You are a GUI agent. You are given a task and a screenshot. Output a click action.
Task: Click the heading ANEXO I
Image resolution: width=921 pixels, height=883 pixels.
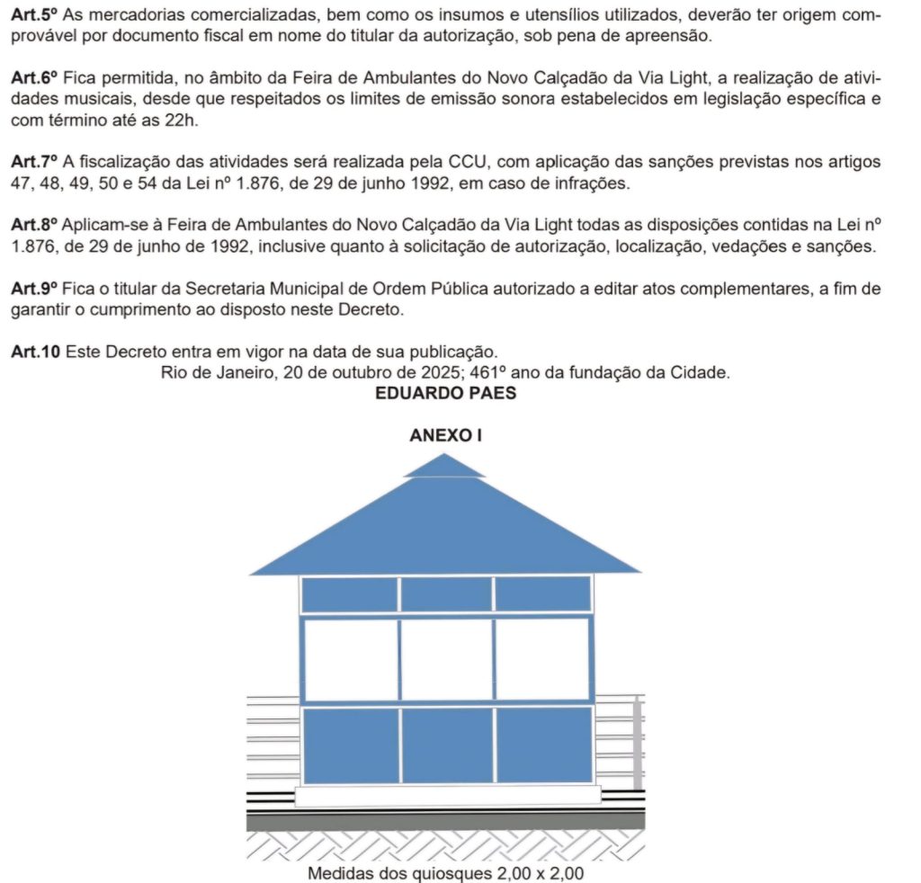point(446,436)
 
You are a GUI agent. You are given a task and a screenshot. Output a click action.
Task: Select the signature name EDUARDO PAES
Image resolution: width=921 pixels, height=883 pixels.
point(446,393)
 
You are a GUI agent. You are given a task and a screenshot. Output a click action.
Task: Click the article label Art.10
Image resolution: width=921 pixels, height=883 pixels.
point(32,352)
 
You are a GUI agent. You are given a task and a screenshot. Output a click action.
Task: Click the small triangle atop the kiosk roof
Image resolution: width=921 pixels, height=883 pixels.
point(445,466)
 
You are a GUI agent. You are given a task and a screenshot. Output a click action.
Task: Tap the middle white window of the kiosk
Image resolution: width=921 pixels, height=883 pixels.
point(446,659)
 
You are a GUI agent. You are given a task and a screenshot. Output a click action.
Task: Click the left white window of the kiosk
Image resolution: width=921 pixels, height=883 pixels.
point(351,659)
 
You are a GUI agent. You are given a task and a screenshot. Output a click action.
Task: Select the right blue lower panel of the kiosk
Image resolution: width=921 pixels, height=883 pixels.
point(543,745)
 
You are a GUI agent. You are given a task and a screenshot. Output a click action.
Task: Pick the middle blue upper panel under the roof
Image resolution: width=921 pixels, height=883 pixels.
point(446,594)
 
